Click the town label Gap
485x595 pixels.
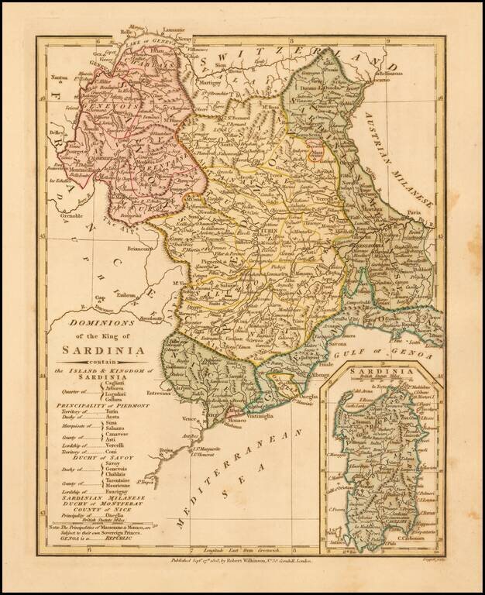tap(99, 297)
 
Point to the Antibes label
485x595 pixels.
tap(193, 436)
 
